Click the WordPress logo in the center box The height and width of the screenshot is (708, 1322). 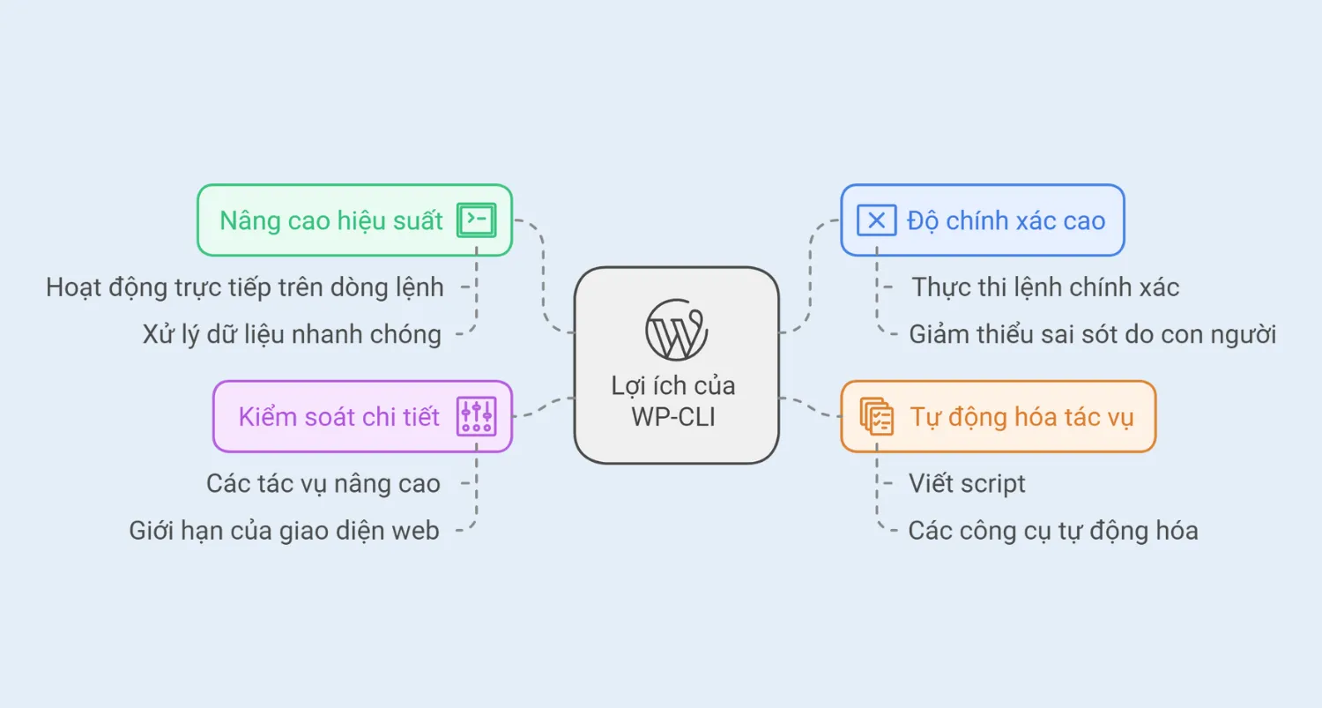[676, 329]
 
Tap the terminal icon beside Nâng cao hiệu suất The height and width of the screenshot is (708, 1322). [476, 220]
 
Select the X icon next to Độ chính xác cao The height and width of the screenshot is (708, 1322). [876, 220]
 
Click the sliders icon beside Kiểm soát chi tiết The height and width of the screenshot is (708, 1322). [476, 416]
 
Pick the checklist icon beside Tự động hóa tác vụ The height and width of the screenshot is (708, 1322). [876, 416]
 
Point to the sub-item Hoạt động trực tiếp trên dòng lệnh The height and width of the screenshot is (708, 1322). [245, 287]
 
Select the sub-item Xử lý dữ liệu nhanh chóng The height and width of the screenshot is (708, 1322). [292, 334]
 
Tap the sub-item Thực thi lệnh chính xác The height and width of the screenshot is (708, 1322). [1045, 287]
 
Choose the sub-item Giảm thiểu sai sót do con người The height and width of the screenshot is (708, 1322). [1092, 334]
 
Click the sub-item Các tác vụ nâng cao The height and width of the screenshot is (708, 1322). [323, 483]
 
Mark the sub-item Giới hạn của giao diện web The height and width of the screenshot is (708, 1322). [284, 531]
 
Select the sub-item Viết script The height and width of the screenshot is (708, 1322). [967, 483]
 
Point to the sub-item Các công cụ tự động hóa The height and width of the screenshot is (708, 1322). [1052, 531]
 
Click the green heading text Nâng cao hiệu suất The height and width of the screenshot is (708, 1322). [331, 220]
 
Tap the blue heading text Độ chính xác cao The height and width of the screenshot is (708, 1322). [1006, 220]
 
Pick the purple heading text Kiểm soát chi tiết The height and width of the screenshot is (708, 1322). [338, 416]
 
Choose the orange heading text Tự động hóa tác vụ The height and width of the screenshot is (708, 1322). [1021, 416]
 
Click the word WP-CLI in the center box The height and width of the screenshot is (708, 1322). [673, 416]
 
